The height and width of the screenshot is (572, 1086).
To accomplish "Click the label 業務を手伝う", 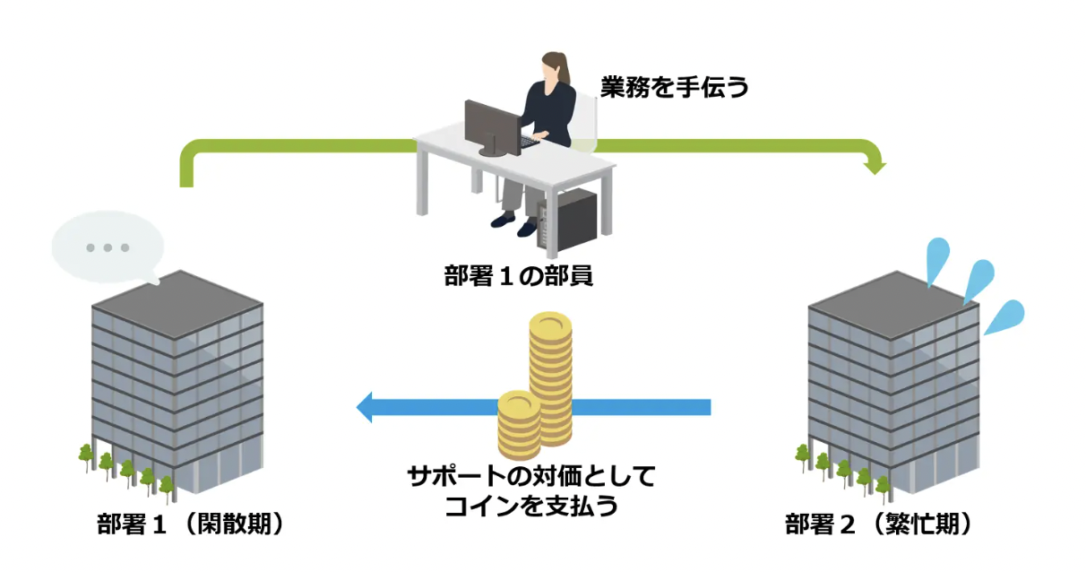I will [674, 88].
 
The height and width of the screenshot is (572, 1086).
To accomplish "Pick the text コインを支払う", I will [531, 507].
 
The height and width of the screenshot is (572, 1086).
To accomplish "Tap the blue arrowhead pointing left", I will [366, 407].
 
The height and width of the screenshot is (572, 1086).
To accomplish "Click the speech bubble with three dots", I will [106, 247].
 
